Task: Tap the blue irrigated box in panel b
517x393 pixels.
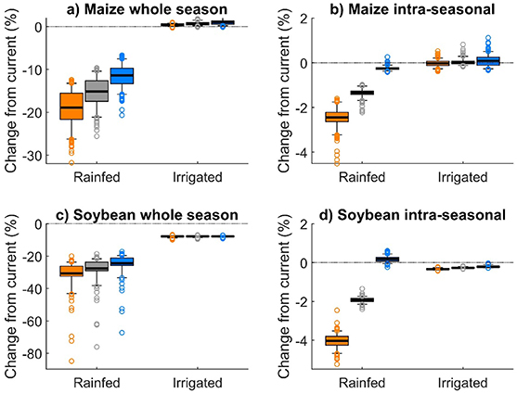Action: (x=461, y=60)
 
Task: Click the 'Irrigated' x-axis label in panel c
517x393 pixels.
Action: (x=198, y=382)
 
